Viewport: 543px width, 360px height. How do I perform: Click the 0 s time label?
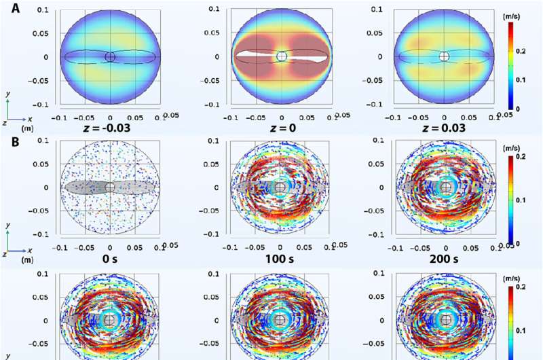(111, 259)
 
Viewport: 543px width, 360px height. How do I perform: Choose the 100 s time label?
(280, 259)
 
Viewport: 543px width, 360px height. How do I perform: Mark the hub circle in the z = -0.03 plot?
(111, 57)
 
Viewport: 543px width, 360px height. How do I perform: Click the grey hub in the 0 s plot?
(111, 187)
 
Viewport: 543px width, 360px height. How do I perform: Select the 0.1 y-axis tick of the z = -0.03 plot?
(41, 11)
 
